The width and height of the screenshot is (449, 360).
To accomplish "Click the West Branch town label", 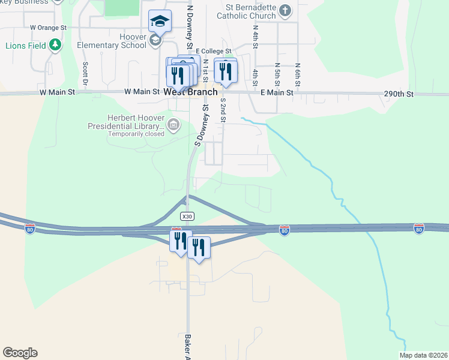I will (x=190, y=92).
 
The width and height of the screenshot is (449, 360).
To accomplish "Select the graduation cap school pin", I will (x=160, y=22).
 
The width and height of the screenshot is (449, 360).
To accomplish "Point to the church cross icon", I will (x=285, y=10).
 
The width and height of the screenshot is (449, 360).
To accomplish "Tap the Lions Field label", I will (x=25, y=45).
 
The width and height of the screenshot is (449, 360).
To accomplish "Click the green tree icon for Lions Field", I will (x=55, y=44).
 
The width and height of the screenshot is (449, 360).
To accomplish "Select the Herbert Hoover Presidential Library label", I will (x=126, y=122).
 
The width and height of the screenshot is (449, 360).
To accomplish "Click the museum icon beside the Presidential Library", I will (x=174, y=125).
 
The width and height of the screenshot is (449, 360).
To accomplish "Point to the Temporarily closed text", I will (x=136, y=134).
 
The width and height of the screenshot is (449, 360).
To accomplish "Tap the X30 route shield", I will (x=187, y=216).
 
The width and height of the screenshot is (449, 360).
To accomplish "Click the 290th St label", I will (x=399, y=94).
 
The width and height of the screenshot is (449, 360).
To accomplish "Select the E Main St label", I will (x=277, y=93).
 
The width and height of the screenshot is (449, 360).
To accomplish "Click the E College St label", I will (x=213, y=52).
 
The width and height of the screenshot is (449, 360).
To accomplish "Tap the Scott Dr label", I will (x=86, y=73).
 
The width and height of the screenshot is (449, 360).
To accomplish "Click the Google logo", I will (x=20, y=353).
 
